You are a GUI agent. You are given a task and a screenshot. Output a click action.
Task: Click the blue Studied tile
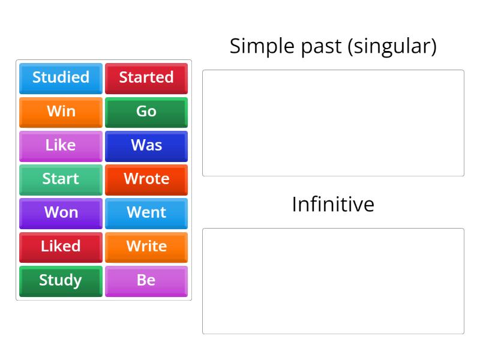point(61,78)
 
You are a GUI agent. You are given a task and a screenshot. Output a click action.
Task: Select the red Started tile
point(146,78)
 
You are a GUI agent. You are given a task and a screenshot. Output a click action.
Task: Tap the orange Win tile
point(61,112)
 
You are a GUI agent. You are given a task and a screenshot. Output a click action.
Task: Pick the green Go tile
point(146,112)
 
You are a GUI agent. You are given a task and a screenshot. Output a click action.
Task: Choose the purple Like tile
point(61,145)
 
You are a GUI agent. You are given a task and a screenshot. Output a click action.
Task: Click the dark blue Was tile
point(146,145)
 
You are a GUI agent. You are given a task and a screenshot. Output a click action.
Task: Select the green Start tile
point(61,179)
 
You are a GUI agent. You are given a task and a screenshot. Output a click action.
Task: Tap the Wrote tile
point(146,179)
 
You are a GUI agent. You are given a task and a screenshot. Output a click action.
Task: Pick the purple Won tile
point(61,213)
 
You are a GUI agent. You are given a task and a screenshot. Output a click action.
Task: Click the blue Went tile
point(146,213)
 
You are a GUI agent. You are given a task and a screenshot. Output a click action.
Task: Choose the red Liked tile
point(61,247)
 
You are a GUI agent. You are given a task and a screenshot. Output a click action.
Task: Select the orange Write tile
point(146,247)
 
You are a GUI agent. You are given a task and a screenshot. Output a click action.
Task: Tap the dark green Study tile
point(61,280)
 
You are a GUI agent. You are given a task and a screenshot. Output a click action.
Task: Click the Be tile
point(146,280)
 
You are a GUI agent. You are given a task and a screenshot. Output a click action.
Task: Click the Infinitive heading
point(333,205)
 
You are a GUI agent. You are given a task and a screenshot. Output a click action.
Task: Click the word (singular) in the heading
point(392,47)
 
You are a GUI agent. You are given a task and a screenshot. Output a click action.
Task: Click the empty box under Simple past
point(333,123)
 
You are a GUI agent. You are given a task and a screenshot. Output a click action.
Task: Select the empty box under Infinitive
point(333,281)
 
